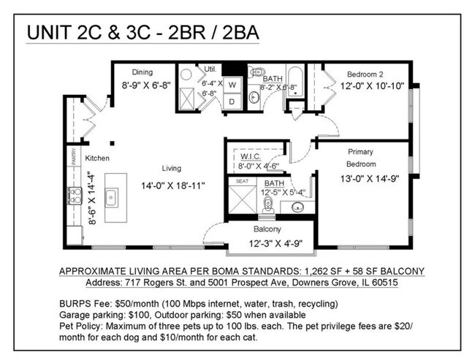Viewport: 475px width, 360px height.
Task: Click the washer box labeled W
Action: click(232, 85)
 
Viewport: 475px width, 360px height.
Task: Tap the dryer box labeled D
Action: click(232, 102)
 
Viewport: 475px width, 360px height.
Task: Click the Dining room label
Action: click(142, 72)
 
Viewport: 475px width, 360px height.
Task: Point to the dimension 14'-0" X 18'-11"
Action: click(172, 186)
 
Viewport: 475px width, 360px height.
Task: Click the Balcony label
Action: click(266, 229)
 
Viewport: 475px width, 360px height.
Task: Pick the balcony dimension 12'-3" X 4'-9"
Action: click(275, 242)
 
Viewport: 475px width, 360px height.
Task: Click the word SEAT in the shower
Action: click(242, 181)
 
